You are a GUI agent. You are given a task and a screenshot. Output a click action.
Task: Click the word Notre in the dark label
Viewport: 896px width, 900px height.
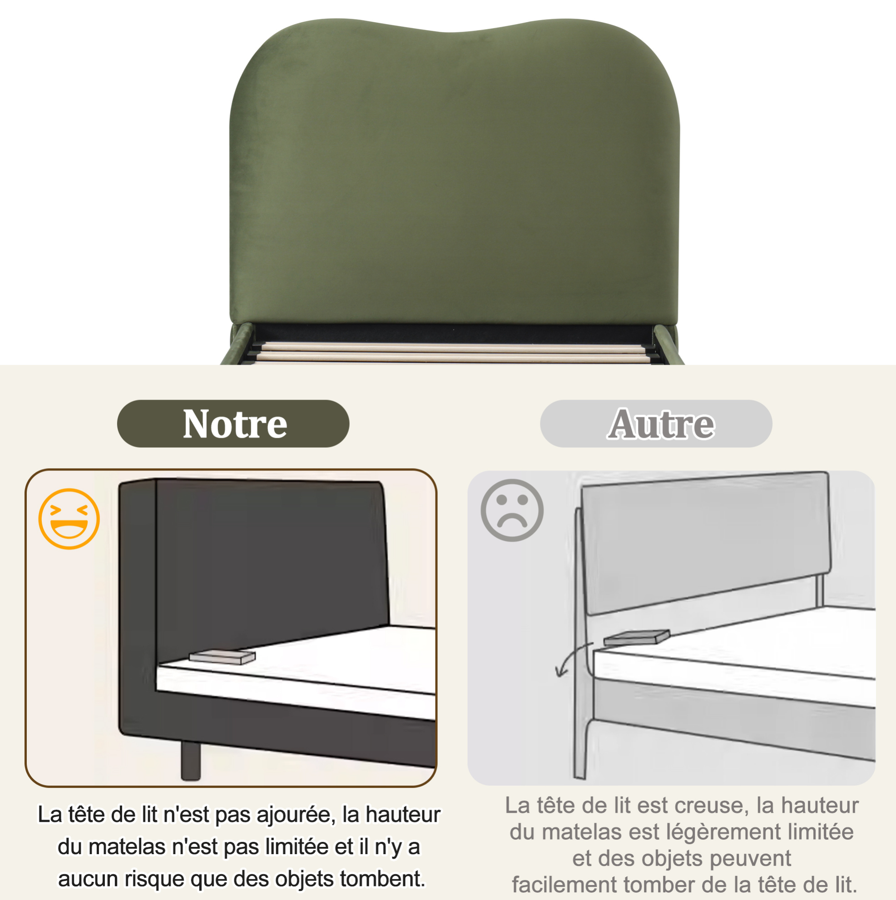coord(235,424)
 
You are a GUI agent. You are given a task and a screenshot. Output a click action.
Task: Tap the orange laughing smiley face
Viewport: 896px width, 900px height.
coord(69,519)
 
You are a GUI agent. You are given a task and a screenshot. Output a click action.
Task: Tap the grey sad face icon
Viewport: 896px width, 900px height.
coord(512,510)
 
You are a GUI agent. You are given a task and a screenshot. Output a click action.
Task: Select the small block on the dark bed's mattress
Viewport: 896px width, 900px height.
coord(222,656)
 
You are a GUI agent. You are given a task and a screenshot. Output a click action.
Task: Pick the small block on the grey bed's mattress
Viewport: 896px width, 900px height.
coord(637,638)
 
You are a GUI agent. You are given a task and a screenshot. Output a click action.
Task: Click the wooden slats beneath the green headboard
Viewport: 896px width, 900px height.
coord(452,353)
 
